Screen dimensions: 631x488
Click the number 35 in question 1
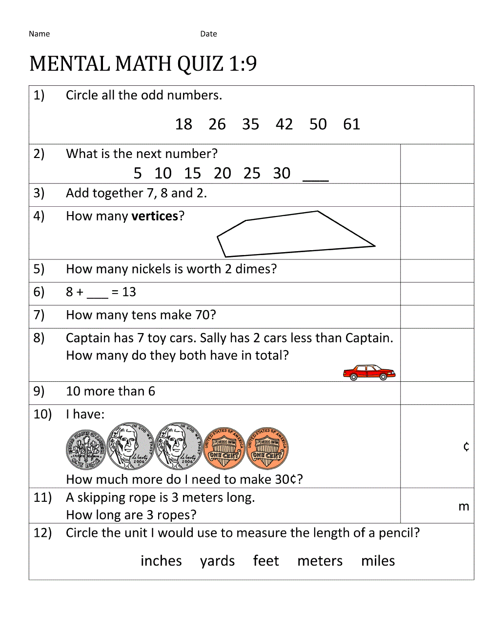[x=250, y=124]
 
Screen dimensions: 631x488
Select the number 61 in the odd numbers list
[x=351, y=124]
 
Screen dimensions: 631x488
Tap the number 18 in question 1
[x=183, y=124]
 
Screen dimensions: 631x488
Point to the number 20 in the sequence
[x=222, y=173]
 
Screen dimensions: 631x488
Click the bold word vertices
[x=155, y=216]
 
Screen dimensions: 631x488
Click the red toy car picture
[x=369, y=373]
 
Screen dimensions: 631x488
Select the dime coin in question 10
[x=86, y=450]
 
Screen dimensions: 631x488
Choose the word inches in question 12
[x=161, y=561]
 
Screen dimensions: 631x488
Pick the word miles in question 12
[x=378, y=561]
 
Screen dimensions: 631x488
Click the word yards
[x=217, y=561]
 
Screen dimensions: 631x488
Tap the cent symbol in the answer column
[x=466, y=446]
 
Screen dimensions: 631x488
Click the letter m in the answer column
[x=464, y=507]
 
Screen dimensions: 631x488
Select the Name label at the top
[x=39, y=34]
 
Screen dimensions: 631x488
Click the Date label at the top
[x=208, y=34]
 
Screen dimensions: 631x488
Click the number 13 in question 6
[x=129, y=292]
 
